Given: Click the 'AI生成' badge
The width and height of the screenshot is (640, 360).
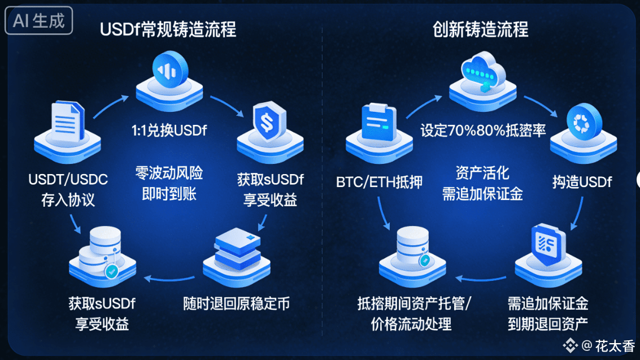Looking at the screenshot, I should point(39,21).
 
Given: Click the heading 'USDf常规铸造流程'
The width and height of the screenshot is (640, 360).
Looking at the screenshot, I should point(168,29).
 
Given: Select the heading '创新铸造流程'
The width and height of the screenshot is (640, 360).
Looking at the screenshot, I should point(480,29).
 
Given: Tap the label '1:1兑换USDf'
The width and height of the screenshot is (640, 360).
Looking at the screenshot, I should point(169,131).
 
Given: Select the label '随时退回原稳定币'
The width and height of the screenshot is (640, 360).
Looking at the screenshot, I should point(237,303).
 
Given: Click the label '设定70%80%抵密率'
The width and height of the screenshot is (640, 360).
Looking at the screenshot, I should point(483,131).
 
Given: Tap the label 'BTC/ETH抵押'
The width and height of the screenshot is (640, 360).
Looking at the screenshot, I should point(379,182).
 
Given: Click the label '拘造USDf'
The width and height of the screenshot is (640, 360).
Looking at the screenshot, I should point(582,182).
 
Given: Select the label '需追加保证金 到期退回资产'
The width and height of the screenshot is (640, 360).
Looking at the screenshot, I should point(547,313).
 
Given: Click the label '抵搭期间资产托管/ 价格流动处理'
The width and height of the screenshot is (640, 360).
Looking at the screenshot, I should point(414,313).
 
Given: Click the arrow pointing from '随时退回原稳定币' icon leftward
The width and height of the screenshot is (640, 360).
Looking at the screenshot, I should point(169,277).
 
